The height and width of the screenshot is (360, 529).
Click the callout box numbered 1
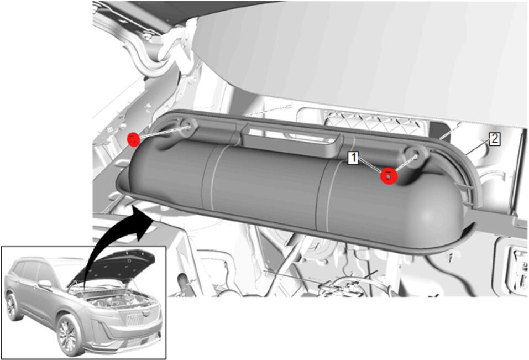click(353, 158)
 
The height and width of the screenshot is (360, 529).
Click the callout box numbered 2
click(495, 139)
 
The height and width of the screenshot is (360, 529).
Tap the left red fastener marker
click(133, 139)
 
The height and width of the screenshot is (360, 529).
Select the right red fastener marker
click(389, 176)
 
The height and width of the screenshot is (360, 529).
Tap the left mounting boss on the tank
click(187, 129)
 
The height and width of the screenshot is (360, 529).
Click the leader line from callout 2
click(478, 147)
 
